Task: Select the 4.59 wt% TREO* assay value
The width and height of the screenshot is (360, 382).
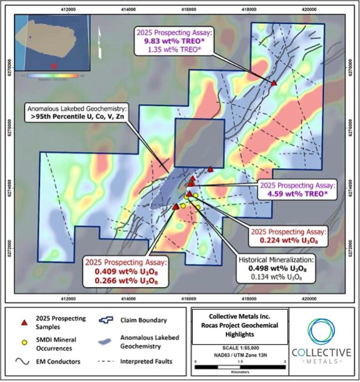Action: pos(296,194)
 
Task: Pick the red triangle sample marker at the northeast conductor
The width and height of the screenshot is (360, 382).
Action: pos(274,83)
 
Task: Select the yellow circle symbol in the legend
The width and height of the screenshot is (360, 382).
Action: pos(25,342)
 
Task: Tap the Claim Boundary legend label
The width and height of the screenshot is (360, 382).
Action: pos(143,320)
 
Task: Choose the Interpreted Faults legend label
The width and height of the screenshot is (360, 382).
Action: pos(146,361)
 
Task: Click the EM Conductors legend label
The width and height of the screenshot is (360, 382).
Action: pos(58,361)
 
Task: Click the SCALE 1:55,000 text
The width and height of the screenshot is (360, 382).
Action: pos(240,348)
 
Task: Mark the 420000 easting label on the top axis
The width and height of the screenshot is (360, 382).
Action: pos(309,10)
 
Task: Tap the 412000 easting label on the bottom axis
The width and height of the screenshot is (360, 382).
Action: pos(68,298)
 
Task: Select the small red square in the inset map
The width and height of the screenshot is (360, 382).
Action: pos(54,66)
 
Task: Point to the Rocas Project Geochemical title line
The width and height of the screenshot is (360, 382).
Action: pos(240,325)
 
